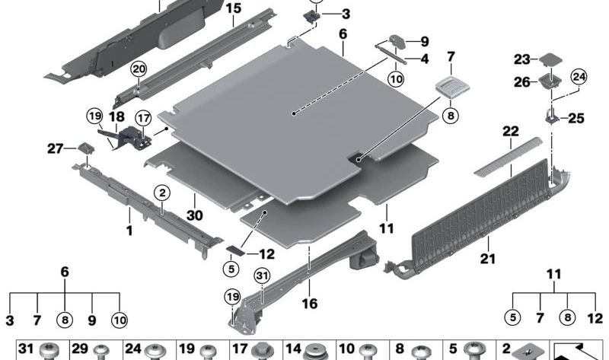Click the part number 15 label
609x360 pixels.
click(x=233, y=9)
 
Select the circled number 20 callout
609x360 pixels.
click(x=138, y=69)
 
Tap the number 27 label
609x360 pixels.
click(x=56, y=149)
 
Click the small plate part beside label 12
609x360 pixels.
click(x=235, y=250)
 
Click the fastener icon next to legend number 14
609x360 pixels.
click(x=314, y=352)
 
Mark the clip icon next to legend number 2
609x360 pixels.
click(x=528, y=352)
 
